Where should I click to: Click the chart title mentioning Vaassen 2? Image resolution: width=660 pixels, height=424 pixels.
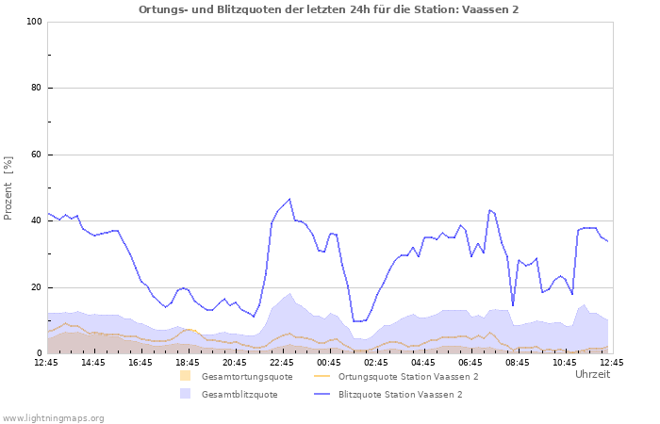pyautogui.click(x=328, y=9)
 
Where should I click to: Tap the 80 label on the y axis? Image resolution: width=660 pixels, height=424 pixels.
pyautogui.click(x=36, y=89)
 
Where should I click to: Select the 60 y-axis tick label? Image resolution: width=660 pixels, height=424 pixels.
pyautogui.click(x=36, y=155)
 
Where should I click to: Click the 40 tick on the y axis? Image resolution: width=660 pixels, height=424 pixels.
pyautogui.click(x=36, y=221)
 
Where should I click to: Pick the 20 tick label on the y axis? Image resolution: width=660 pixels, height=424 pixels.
pyautogui.click(x=36, y=287)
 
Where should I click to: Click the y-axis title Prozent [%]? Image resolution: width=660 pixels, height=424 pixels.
pyautogui.click(x=9, y=188)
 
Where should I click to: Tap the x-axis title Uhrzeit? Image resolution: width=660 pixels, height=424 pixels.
pyautogui.click(x=592, y=374)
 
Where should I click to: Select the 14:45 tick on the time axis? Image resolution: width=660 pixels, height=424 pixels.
pyautogui.click(x=93, y=362)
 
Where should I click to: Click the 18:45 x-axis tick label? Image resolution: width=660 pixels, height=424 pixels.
pyautogui.click(x=188, y=362)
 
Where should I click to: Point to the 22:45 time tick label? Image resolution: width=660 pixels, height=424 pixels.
pyautogui.click(x=282, y=362)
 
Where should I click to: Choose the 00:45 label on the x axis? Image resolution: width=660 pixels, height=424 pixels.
pyautogui.click(x=329, y=362)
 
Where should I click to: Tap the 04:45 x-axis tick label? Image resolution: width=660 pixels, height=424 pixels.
pyautogui.click(x=423, y=362)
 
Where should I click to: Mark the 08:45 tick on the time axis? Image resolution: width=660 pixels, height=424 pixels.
pyautogui.click(x=518, y=362)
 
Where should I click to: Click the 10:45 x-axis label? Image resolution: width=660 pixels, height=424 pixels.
pyautogui.click(x=565, y=362)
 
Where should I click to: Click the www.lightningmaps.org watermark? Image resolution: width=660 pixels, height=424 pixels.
pyautogui.click(x=54, y=417)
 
